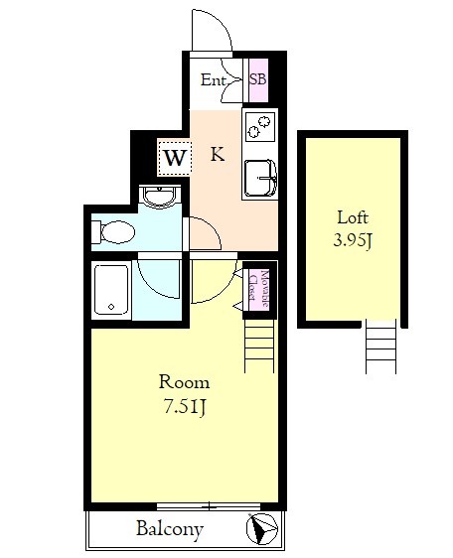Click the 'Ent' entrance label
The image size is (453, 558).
(x=213, y=79)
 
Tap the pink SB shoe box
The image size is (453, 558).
(x=258, y=79)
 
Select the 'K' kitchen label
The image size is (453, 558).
(x=218, y=155)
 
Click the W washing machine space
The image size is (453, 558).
(x=175, y=158)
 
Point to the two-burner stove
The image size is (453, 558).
(x=260, y=127)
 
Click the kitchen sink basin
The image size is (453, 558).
(x=260, y=179)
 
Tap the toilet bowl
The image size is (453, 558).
(x=113, y=232)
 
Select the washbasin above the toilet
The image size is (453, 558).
(x=159, y=197)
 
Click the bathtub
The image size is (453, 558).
(x=112, y=289)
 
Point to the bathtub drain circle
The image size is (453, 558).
(x=111, y=307)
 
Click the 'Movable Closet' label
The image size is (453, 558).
(x=258, y=289)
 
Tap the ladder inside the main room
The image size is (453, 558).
(x=259, y=346)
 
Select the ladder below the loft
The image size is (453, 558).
(x=380, y=347)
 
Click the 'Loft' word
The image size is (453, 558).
(x=353, y=217)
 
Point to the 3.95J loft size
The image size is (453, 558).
(x=353, y=241)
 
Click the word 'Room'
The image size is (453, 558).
(x=184, y=382)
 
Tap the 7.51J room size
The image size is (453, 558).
(x=185, y=406)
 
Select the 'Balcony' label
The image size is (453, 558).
(x=170, y=529)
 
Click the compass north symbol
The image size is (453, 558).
(x=262, y=529)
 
